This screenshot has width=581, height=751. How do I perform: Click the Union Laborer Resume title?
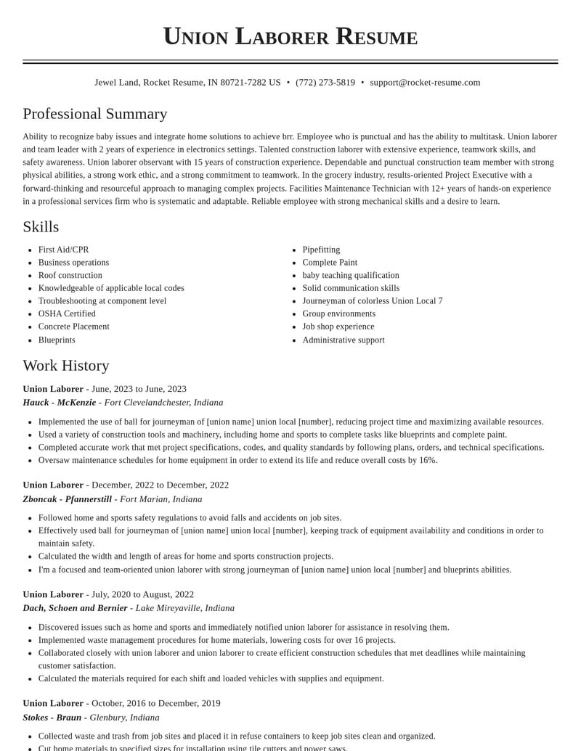pyautogui.click(x=290, y=36)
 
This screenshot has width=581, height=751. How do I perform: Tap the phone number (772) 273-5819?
pyautogui.click(x=325, y=83)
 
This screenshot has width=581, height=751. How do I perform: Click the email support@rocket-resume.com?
pyautogui.click(x=425, y=83)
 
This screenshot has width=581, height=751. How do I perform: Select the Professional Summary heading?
pyautogui.click(x=95, y=114)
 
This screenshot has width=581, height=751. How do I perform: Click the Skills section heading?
pyautogui.click(x=41, y=227)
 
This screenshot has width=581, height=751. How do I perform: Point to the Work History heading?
pyautogui.click(x=66, y=366)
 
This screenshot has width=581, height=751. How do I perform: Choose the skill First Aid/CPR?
pyautogui.click(x=63, y=250)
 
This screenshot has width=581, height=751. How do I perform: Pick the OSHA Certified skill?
pyautogui.click(x=67, y=313)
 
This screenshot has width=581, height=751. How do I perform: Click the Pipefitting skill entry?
pyautogui.click(x=321, y=250)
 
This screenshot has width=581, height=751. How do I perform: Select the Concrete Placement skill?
pyautogui.click(x=74, y=327)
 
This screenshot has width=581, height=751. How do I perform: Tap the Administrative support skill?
pyautogui.click(x=344, y=340)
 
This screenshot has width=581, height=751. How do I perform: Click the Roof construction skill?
pyautogui.click(x=70, y=275)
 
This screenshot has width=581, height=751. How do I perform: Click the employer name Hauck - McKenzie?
pyautogui.click(x=60, y=403)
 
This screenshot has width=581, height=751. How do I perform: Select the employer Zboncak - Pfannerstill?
pyautogui.click(x=68, y=499)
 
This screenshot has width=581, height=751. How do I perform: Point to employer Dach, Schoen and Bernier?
pyautogui.click(x=75, y=608)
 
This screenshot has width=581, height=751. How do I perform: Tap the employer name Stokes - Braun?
pyautogui.click(x=52, y=718)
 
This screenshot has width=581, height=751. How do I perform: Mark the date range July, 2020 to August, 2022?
pyautogui.click(x=142, y=594)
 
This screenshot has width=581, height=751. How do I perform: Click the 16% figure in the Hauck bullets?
pyautogui.click(x=428, y=460)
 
